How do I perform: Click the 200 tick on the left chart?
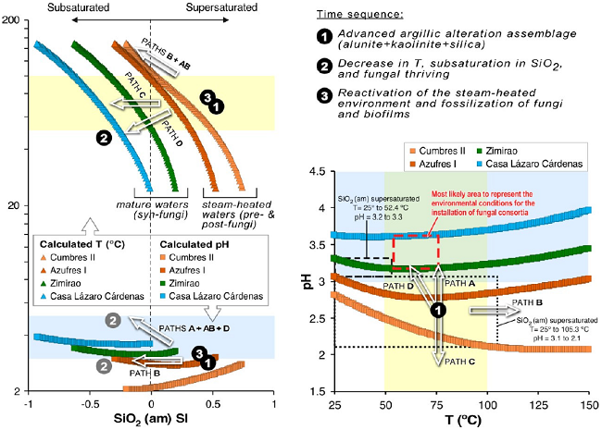tap(12, 20)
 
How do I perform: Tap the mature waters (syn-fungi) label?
tap(144, 208)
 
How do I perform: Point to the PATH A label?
tap(460, 282)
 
